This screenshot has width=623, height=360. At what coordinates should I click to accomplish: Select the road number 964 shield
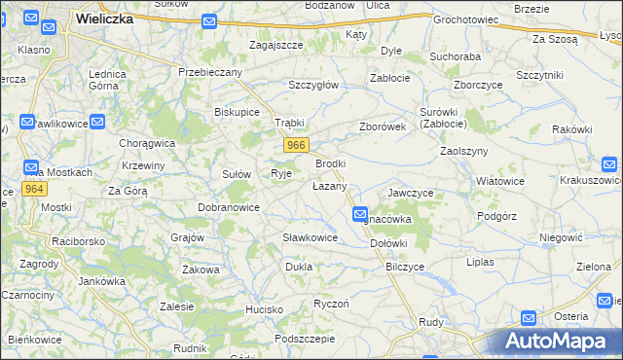pyautogui.click(x=34, y=189)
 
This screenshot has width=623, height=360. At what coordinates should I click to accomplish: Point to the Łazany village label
pyautogui.click(x=329, y=185)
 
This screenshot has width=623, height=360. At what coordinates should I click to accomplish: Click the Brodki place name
pyautogui.click(x=330, y=163)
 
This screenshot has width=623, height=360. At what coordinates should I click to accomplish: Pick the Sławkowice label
pyautogui.click(x=310, y=237)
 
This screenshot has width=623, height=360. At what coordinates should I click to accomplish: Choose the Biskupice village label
pyautogui.click(x=237, y=112)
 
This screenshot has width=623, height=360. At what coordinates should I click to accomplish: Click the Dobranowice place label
pyautogui.click(x=229, y=207)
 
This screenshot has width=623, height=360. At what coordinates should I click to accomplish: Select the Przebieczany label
pyautogui.click(x=210, y=72)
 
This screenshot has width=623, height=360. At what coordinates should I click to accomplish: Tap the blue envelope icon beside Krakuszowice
pyautogui.click(x=609, y=164)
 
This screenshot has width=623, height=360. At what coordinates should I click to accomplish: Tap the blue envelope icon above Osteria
pyautogui.click(x=528, y=317)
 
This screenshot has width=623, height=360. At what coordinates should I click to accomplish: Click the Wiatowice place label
pyautogui.click(x=500, y=181)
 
